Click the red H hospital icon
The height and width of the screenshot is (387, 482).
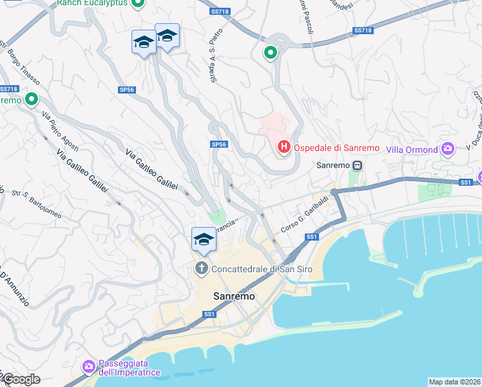point(284,148)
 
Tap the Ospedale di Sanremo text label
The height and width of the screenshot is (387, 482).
point(337,148)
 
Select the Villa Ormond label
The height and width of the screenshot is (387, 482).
point(412,150)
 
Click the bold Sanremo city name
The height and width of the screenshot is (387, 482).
point(234,296)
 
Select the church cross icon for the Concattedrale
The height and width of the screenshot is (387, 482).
point(202,268)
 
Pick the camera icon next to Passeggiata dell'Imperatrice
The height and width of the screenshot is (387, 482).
point(89,367)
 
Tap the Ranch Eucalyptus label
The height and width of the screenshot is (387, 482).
point(92,3)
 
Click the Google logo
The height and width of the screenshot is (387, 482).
point(21,379)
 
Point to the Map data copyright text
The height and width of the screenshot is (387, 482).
point(454,382)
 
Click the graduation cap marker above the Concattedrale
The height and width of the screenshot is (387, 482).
point(204,240)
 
